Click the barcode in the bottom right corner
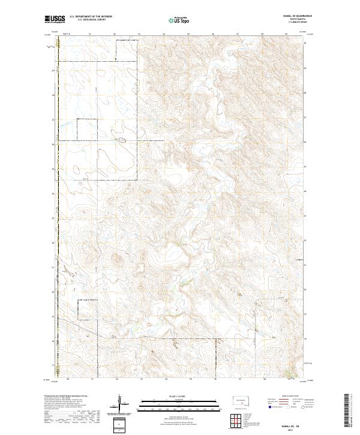click(x=347, y=408)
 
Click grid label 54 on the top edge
click(x=164, y=34)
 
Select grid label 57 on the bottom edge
click(x=239, y=379)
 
